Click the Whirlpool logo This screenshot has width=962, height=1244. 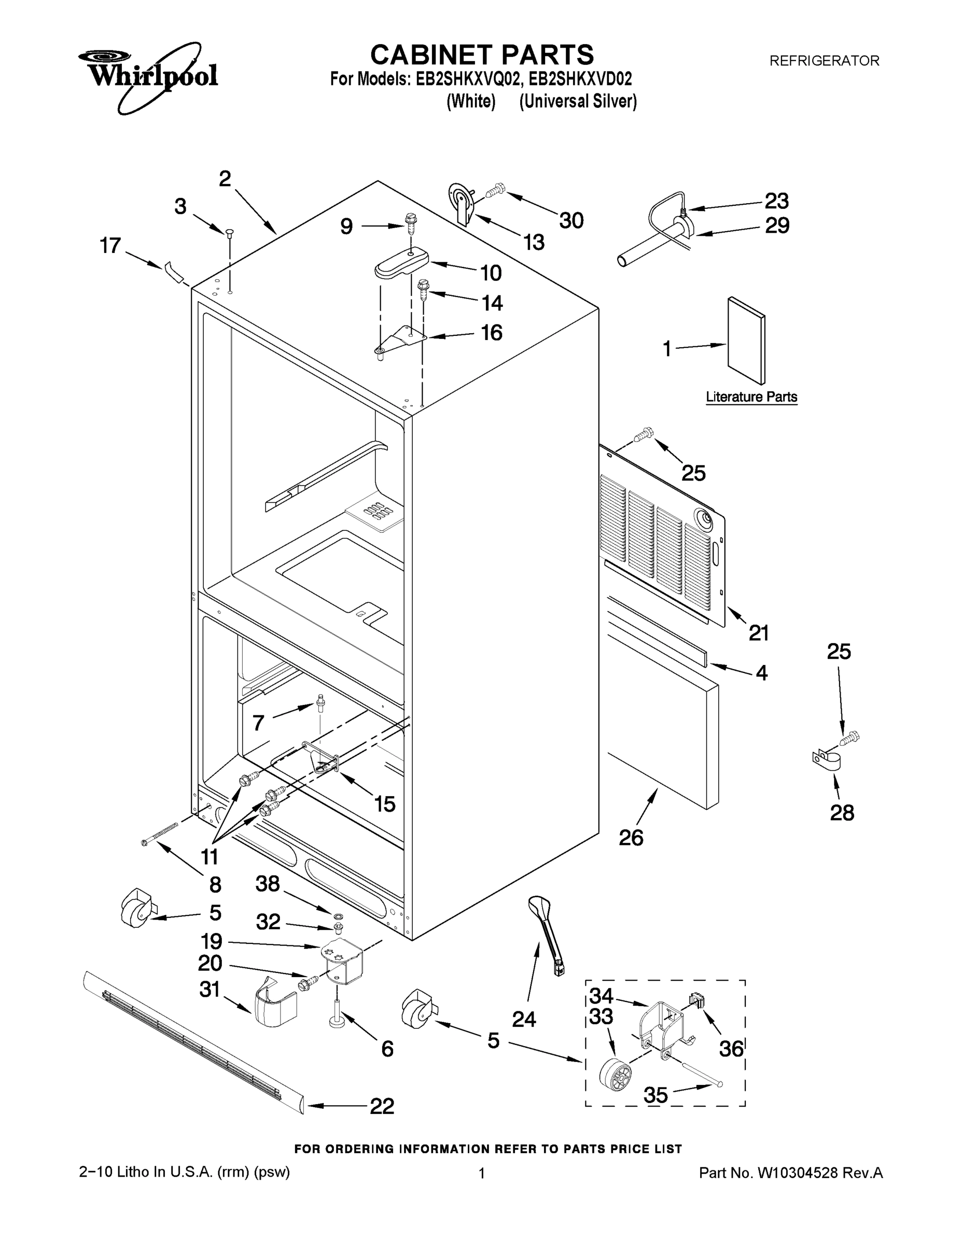tap(148, 75)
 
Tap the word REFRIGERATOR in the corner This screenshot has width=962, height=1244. tap(824, 60)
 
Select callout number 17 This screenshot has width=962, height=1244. tap(110, 246)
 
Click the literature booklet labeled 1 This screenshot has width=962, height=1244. tap(747, 341)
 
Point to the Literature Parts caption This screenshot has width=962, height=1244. tap(751, 397)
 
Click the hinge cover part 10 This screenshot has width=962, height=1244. tap(401, 262)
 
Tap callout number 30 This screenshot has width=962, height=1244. tap(571, 220)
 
